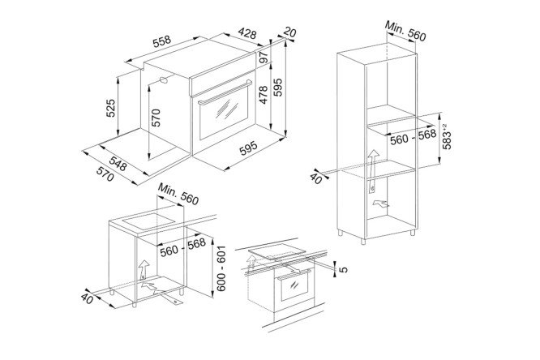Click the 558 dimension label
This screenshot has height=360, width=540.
pyautogui.click(x=162, y=41)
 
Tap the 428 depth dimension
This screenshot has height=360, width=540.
pyautogui.click(x=247, y=33)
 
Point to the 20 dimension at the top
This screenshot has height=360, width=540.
pyautogui.click(x=289, y=32)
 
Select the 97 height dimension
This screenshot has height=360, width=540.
pyautogui.click(x=264, y=58)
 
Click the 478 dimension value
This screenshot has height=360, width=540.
pyautogui.click(x=264, y=94)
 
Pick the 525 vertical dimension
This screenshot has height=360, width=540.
pyautogui.click(x=110, y=108)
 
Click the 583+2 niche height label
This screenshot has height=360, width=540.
pyautogui.click(x=446, y=136)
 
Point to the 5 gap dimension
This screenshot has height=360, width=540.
pyautogui.click(x=343, y=269)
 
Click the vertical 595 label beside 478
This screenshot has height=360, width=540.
pyautogui.click(x=277, y=88)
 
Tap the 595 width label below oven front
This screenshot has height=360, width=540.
pyautogui.click(x=248, y=148)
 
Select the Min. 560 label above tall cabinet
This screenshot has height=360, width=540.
pyautogui.click(x=405, y=31)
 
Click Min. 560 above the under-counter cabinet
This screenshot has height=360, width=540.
pyautogui.click(x=178, y=194)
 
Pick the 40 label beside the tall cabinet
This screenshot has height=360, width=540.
pyautogui.click(x=316, y=178)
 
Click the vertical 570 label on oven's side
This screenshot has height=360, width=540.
pyautogui.click(x=156, y=118)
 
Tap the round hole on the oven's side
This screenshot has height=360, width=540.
pyautogui.click(x=164, y=80)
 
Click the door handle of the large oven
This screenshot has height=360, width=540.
pyautogui.click(x=225, y=92)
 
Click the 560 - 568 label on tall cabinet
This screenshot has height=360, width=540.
pyautogui.click(x=414, y=137)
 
